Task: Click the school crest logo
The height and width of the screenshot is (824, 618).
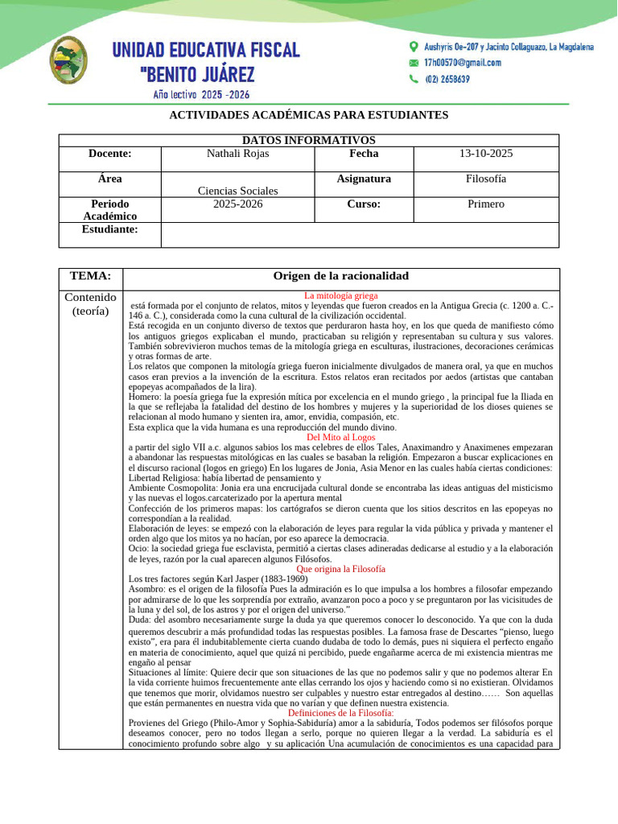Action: point(69,61)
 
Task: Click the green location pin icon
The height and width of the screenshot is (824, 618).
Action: point(414,47)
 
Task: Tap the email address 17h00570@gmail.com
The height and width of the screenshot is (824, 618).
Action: point(462,63)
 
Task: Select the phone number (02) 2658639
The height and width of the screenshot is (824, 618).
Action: point(447,79)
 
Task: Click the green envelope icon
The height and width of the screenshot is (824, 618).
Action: point(414,63)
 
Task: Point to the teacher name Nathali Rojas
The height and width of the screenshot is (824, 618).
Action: point(238,154)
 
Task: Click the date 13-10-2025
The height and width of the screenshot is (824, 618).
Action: point(485,154)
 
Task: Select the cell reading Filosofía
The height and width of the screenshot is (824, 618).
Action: point(485,179)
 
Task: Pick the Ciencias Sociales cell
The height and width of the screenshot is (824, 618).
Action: point(238,191)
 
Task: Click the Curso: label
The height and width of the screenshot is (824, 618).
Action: point(364,204)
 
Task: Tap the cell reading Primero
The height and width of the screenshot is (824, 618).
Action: point(485,204)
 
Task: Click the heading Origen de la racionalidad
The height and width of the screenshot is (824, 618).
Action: point(341,276)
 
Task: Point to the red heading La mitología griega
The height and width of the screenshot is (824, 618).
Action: point(341,295)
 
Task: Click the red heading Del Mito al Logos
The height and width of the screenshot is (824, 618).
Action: point(341,437)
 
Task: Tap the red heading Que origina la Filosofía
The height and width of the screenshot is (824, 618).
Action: point(341,568)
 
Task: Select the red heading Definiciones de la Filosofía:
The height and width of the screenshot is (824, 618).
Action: point(341,713)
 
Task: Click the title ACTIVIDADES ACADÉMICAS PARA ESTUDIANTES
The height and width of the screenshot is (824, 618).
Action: point(308,115)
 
